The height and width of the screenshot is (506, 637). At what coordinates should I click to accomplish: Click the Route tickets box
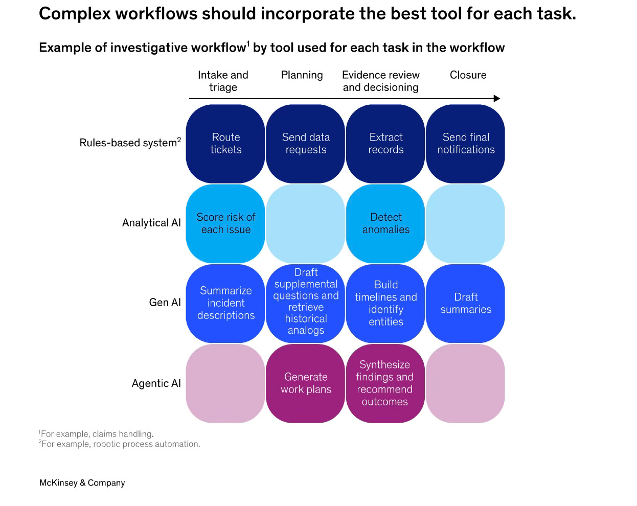pos(225,144)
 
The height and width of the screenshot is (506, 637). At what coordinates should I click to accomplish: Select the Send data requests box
pos(306,144)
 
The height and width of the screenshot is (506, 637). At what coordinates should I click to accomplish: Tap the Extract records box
pos(386,144)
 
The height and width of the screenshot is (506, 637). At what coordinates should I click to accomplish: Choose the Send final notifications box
pos(466,144)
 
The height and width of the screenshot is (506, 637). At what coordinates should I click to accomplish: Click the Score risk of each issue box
pos(225,223)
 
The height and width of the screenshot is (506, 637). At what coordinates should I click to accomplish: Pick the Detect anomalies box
pos(386,223)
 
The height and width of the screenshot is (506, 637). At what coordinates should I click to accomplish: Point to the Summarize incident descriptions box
pos(225,303)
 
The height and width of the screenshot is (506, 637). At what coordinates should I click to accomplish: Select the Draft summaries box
pos(466,303)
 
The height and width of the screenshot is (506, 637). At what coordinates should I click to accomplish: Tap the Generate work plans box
pos(306,383)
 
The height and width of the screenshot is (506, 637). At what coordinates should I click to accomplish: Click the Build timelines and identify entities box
pos(386,303)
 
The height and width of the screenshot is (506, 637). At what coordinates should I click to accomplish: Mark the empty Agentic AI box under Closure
pos(466,383)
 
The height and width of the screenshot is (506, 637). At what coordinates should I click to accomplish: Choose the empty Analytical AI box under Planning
pos(306,223)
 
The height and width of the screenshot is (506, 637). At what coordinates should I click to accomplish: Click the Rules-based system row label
pos(130,143)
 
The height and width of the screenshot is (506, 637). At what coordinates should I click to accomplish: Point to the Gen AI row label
pos(165,303)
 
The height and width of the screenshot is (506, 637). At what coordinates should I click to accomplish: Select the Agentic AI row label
pos(156,383)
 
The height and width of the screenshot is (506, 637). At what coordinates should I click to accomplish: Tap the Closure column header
pos(468,75)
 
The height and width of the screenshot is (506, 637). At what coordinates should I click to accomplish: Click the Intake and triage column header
pos(223,81)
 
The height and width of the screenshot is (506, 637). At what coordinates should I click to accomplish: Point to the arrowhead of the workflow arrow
pos(497,99)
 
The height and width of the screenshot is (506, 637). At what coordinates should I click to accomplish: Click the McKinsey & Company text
pos(82,483)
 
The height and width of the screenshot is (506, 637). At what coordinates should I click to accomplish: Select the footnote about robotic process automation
pos(120,444)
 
